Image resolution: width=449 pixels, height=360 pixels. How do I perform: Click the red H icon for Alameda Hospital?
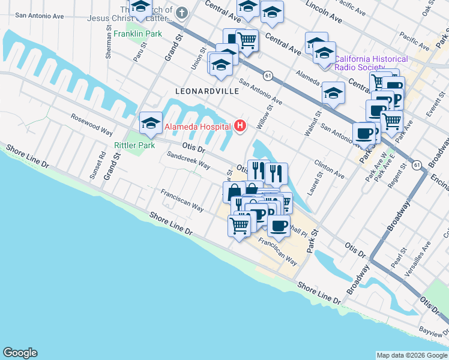(x=241, y=125)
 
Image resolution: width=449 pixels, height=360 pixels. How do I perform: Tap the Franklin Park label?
(x=139, y=34)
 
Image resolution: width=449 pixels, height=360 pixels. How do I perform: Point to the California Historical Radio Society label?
(x=371, y=63)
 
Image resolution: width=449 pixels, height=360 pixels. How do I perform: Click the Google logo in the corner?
(x=20, y=353)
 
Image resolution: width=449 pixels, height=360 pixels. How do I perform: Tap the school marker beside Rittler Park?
(x=151, y=124)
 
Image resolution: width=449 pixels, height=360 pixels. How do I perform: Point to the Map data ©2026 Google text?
(x=411, y=355)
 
